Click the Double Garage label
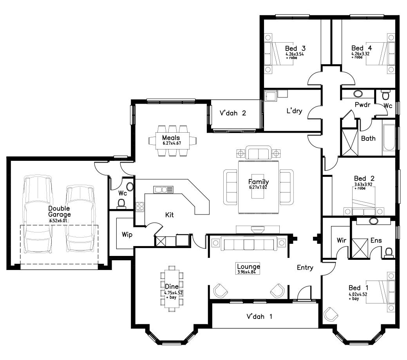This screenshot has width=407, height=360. click(x=60, y=212)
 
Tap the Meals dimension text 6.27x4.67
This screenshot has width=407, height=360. click(x=171, y=144)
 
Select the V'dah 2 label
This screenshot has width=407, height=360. click(x=233, y=113)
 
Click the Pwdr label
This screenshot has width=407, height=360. click(x=362, y=105)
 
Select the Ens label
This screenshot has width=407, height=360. click(x=376, y=240)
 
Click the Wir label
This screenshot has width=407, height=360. click(x=341, y=240)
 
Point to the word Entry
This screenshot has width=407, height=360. click(x=305, y=268)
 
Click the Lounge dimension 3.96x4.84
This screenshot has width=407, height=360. click(x=248, y=272)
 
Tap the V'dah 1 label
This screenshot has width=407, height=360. click(x=259, y=316)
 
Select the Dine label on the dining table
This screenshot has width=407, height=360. click(x=172, y=286)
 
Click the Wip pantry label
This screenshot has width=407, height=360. click(x=127, y=235)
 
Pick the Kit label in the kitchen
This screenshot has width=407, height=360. click(x=169, y=215)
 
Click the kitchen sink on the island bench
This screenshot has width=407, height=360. click(x=163, y=190)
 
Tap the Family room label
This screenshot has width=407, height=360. click(x=259, y=182)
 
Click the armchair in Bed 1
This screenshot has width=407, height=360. click(x=331, y=314)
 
